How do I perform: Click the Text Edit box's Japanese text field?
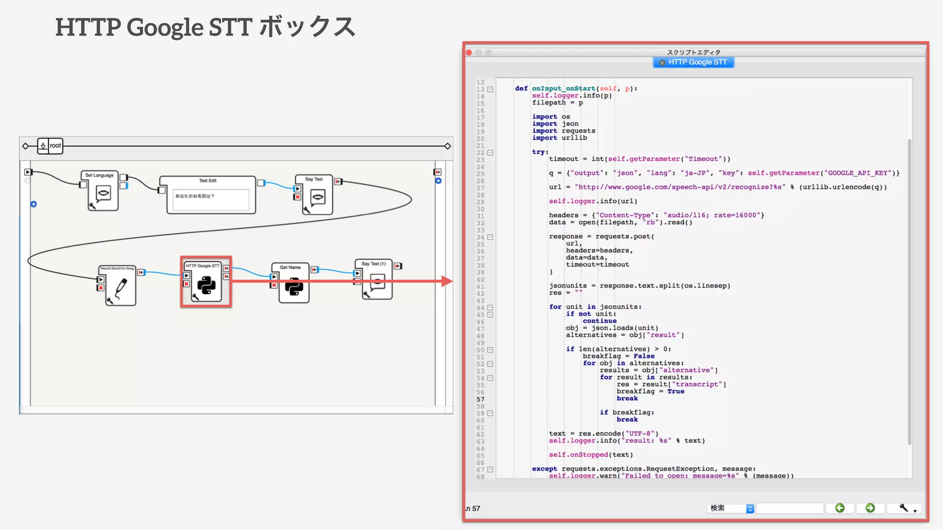210,199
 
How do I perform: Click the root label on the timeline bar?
55,146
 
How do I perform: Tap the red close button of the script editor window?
469,52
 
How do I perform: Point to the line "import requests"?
564,131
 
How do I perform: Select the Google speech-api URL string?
680,187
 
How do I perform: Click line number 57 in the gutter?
480,399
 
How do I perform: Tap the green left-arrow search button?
840,508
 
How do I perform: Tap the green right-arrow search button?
870,508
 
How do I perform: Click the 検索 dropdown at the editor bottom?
730,508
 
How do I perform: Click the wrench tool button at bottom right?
904,508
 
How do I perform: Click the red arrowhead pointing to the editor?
446,281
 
